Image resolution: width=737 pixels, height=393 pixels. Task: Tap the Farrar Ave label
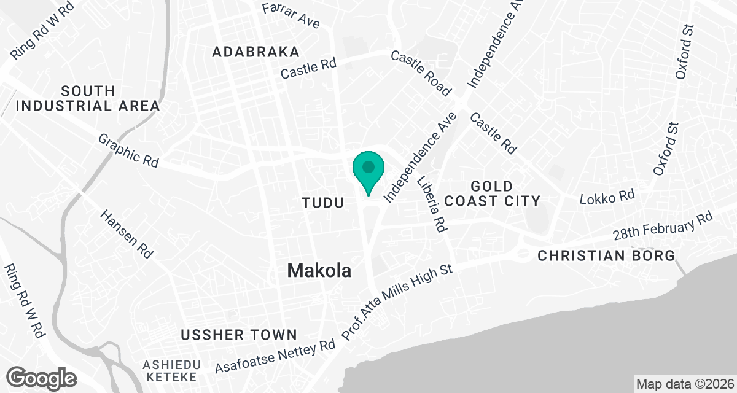(x=291, y=16)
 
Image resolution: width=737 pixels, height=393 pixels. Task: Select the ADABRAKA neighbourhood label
(x=256, y=52)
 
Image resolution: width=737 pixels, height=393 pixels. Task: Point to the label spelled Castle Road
(x=421, y=73)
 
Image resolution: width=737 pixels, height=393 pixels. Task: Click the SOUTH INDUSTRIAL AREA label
(x=88, y=98)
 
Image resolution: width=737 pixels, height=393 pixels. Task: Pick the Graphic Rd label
(x=129, y=151)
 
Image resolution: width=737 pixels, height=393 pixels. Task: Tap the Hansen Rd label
(x=128, y=233)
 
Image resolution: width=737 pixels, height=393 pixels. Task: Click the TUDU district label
(x=322, y=202)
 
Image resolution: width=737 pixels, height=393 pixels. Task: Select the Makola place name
(x=319, y=270)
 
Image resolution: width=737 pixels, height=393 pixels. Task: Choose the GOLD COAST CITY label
(x=492, y=193)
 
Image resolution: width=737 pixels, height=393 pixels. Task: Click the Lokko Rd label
(x=607, y=197)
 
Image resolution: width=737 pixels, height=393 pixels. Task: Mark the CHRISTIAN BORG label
(x=606, y=255)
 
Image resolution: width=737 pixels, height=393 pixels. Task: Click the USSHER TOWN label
(x=239, y=335)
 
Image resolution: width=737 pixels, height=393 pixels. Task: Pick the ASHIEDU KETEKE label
(x=171, y=370)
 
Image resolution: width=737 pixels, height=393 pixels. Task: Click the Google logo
(x=42, y=376)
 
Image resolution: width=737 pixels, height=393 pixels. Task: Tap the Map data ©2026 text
(x=684, y=384)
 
